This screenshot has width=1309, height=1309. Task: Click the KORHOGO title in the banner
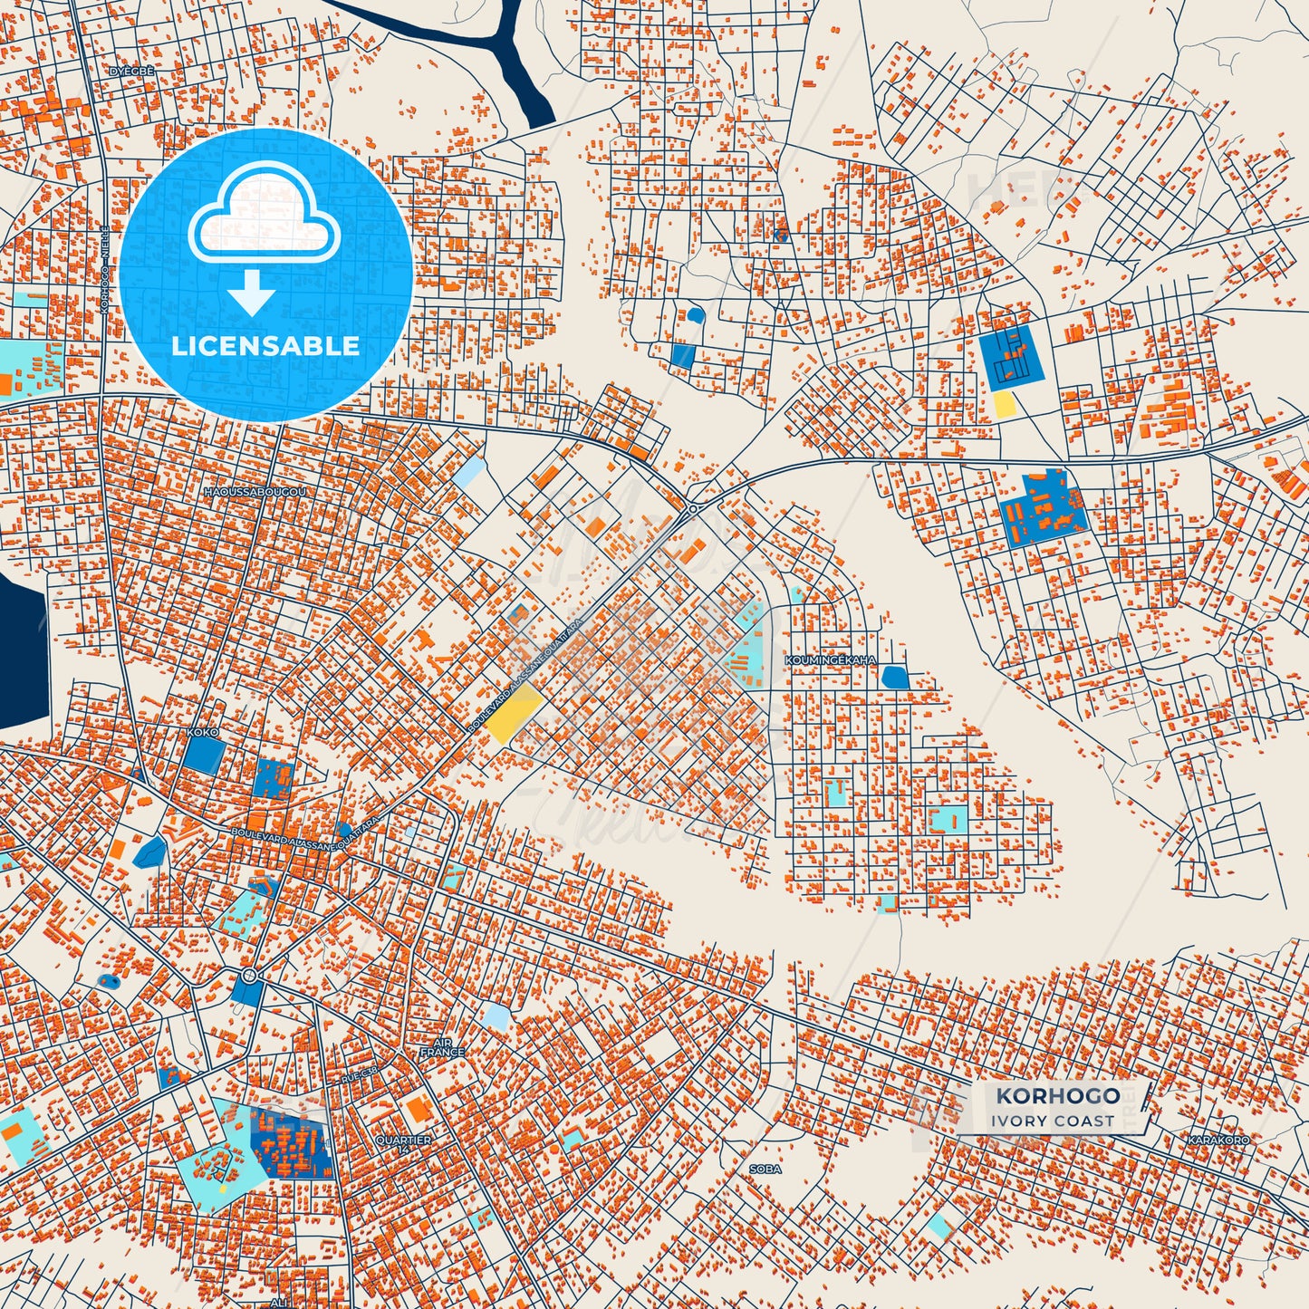tap(1057, 1096)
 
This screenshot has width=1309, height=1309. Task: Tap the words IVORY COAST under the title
tap(1052, 1121)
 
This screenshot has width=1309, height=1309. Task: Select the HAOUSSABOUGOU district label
tap(255, 492)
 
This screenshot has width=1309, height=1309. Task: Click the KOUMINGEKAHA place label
tap(831, 660)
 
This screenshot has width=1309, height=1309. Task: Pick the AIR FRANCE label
tap(442, 1048)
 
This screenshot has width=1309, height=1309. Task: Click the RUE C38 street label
tap(360, 1075)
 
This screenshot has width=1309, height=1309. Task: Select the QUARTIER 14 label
tap(404, 1144)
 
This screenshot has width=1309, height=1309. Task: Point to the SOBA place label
tap(765, 1169)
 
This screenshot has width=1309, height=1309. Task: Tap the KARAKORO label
tap(1218, 1140)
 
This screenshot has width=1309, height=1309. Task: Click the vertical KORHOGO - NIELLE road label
tap(105, 270)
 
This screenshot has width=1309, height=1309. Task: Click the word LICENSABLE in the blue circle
tap(265, 346)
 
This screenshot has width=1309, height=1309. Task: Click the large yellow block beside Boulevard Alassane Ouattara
tap(514, 714)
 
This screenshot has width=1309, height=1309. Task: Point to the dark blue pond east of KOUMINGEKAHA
tap(894, 677)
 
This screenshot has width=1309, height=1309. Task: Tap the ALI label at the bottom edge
tap(278, 1302)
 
